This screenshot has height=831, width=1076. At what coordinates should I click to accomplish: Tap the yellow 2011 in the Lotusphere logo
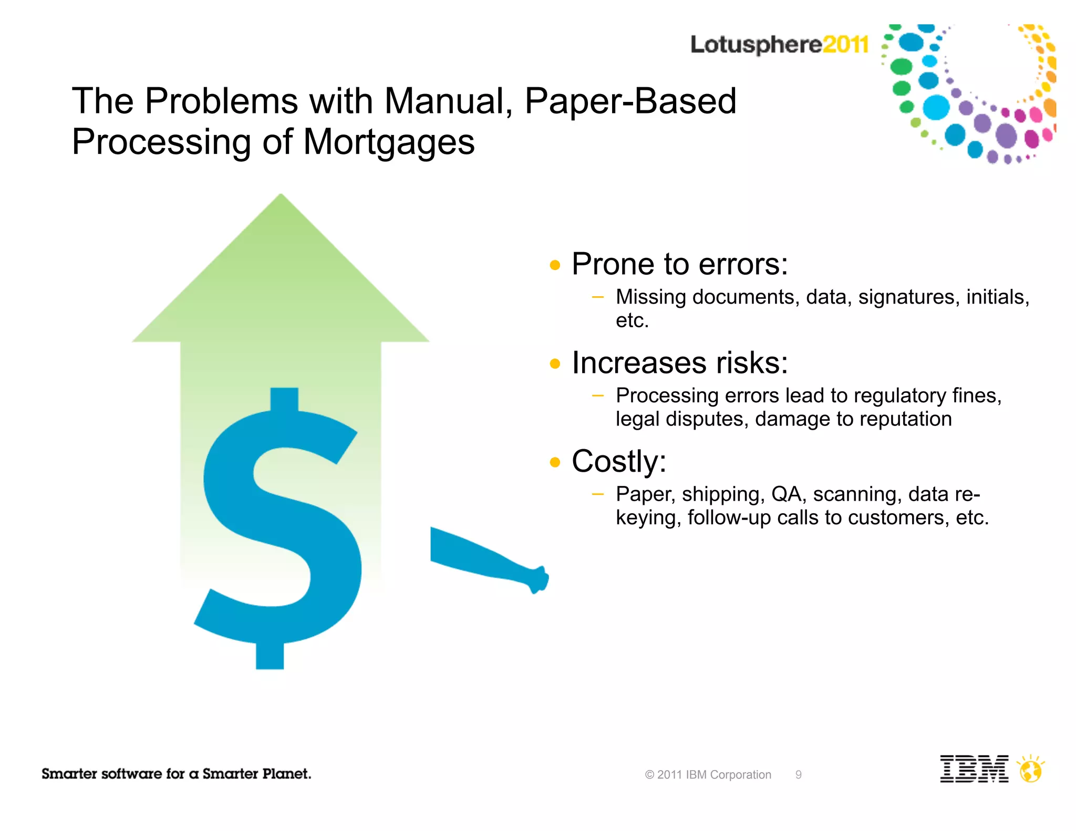click(845, 44)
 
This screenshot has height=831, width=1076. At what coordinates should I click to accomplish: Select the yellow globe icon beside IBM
click(1030, 771)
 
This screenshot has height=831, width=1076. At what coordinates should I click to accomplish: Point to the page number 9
click(798, 775)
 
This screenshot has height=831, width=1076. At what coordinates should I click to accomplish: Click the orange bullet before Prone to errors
click(555, 265)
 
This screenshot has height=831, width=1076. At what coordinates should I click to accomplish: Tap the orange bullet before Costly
click(555, 462)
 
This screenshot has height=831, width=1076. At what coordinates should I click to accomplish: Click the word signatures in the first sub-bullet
click(906, 297)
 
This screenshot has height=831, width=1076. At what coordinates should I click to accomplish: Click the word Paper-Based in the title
click(630, 101)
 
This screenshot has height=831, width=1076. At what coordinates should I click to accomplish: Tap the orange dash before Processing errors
click(597, 396)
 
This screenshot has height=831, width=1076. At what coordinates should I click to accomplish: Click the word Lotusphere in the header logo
click(756, 45)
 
